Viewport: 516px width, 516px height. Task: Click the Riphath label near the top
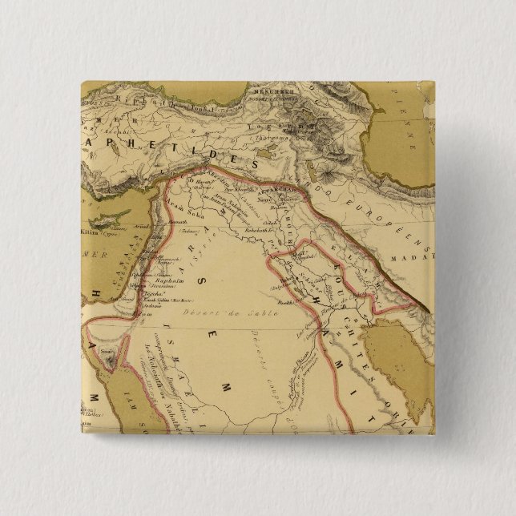tap(131, 101)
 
